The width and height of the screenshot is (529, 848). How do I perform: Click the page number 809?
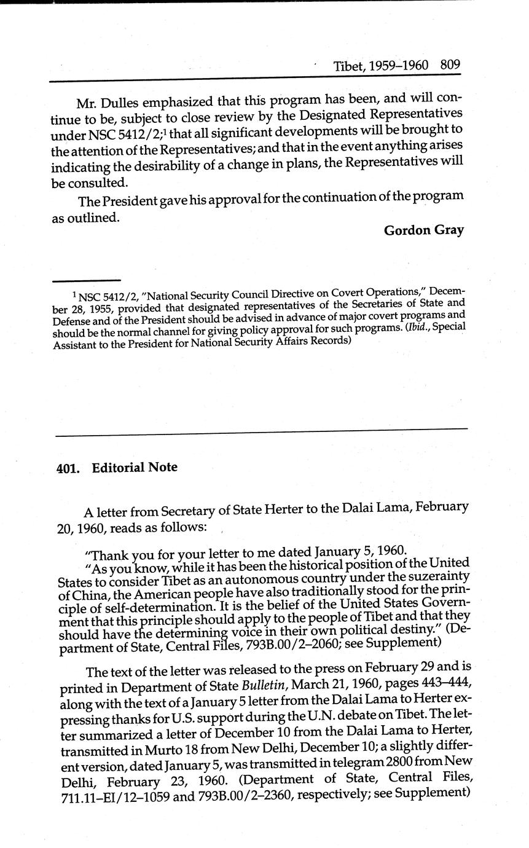coord(450,65)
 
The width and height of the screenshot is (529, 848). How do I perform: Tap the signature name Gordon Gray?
coord(423,230)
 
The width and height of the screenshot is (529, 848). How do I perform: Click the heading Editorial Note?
coord(135,468)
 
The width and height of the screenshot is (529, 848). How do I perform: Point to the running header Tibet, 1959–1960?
coord(381,66)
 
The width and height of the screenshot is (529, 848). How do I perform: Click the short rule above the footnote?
coord(96,280)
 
